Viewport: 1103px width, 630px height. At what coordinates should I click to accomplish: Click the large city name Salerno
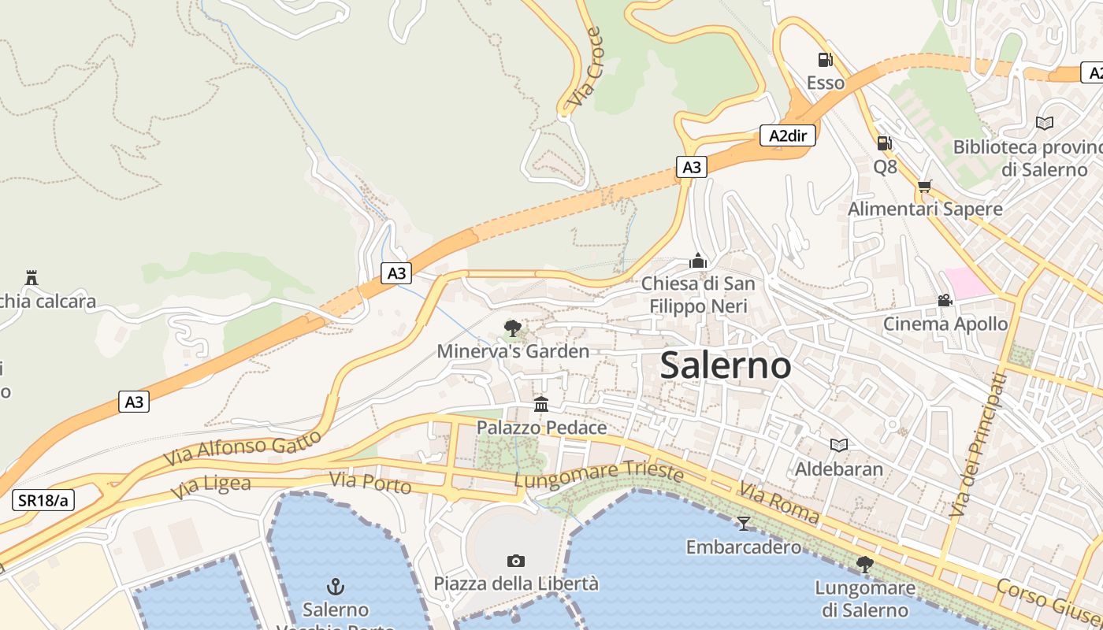[726, 365]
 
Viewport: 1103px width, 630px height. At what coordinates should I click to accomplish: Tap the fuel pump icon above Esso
[825, 59]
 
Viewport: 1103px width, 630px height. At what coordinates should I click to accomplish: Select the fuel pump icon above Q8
[884, 143]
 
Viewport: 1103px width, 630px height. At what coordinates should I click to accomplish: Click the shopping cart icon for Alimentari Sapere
[924, 186]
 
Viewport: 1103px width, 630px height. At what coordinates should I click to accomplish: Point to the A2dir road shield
[788, 135]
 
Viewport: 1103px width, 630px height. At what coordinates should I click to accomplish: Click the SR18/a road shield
[43, 500]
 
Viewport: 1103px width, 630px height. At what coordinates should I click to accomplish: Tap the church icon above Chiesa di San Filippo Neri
[697, 260]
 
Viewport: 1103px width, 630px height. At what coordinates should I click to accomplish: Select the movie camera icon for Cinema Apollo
[945, 300]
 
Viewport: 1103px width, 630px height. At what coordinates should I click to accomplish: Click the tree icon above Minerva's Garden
[513, 328]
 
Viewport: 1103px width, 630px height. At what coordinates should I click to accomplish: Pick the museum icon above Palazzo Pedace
[541, 404]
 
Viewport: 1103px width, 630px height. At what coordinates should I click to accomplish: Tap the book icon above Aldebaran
[839, 446]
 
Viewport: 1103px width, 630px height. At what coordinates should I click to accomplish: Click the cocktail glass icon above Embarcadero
[743, 524]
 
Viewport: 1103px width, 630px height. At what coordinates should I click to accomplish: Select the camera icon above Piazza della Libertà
[516, 561]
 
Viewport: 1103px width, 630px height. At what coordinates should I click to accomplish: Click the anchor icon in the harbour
[336, 587]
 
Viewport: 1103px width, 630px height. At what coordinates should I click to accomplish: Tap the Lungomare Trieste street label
[598, 474]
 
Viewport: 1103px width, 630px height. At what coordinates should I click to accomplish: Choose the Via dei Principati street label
[979, 444]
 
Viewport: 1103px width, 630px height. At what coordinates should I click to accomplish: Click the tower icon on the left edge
[32, 277]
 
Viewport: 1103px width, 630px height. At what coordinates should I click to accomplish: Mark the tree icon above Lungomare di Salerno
[864, 564]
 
